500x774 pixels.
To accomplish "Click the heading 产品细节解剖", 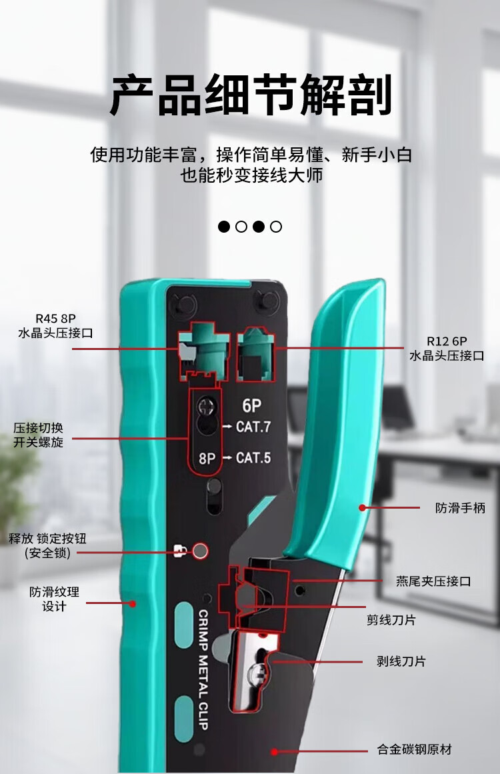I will point(250,95).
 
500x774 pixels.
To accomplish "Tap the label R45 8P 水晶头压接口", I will point(55,325).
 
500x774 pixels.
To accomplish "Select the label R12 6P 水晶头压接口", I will point(447,349).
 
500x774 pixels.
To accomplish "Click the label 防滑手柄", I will point(460,508).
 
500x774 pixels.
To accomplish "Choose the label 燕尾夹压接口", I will point(433,581).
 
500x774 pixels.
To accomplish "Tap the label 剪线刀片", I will point(391,620).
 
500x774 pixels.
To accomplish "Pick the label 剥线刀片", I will point(401,661).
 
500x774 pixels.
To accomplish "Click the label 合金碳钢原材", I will point(415,750).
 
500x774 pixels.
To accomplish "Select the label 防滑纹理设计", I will point(54,599).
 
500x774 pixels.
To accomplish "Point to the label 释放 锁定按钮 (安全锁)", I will point(47,545).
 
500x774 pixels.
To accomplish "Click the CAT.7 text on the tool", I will point(253,427).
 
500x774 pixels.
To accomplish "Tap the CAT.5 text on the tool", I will point(253,458).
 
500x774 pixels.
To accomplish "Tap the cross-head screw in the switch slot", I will point(207,405).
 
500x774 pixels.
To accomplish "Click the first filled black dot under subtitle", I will point(225,227).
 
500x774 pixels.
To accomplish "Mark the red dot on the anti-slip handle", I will point(363,508).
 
